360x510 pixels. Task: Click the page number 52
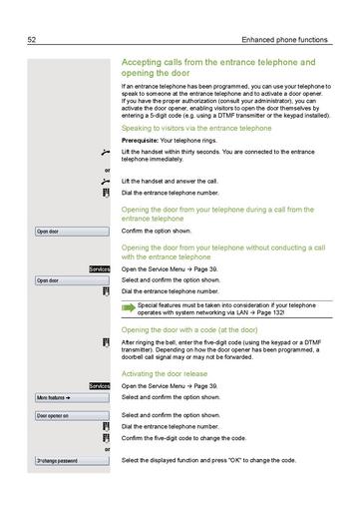point(31,40)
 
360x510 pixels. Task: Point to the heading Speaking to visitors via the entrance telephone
point(195,129)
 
